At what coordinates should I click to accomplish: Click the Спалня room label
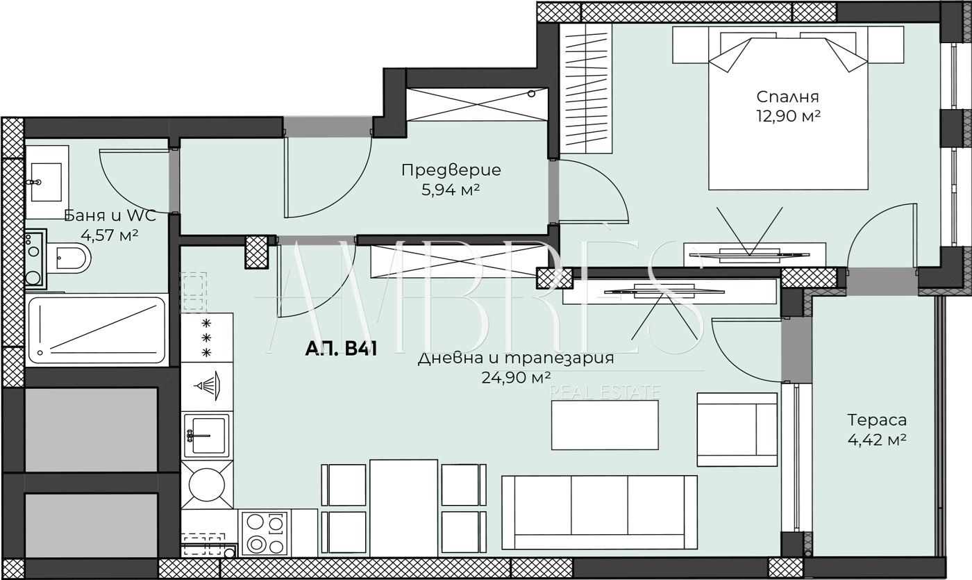(787, 97)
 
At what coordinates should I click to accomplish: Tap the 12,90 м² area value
(789, 116)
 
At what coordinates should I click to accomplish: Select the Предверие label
(451, 169)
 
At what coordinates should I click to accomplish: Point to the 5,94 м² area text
(451, 190)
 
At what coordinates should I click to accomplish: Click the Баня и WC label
(110, 215)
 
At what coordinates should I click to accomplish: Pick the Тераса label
(877, 420)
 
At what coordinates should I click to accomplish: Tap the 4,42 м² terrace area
(877, 440)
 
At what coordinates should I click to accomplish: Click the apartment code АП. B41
(341, 349)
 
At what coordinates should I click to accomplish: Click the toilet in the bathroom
(69, 258)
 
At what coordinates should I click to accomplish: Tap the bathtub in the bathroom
(97, 330)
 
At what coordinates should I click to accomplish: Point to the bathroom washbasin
(47, 182)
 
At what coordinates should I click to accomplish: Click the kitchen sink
(206, 436)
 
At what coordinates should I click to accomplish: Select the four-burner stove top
(265, 533)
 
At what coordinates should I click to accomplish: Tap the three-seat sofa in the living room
(599, 513)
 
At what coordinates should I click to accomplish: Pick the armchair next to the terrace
(737, 430)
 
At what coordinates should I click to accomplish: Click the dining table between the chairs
(403, 508)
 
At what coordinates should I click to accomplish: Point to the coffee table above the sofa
(605, 425)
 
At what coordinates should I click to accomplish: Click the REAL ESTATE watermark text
(605, 392)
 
